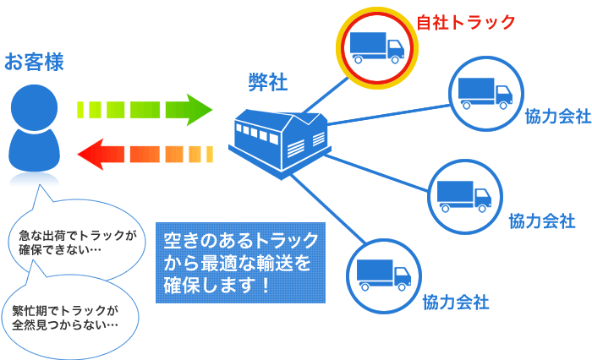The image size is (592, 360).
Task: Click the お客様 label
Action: click(x=35, y=62)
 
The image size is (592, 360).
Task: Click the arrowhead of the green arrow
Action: click(x=199, y=109)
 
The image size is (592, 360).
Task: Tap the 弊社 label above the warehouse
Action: click(x=268, y=82)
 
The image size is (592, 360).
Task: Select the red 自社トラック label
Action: click(x=466, y=23)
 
